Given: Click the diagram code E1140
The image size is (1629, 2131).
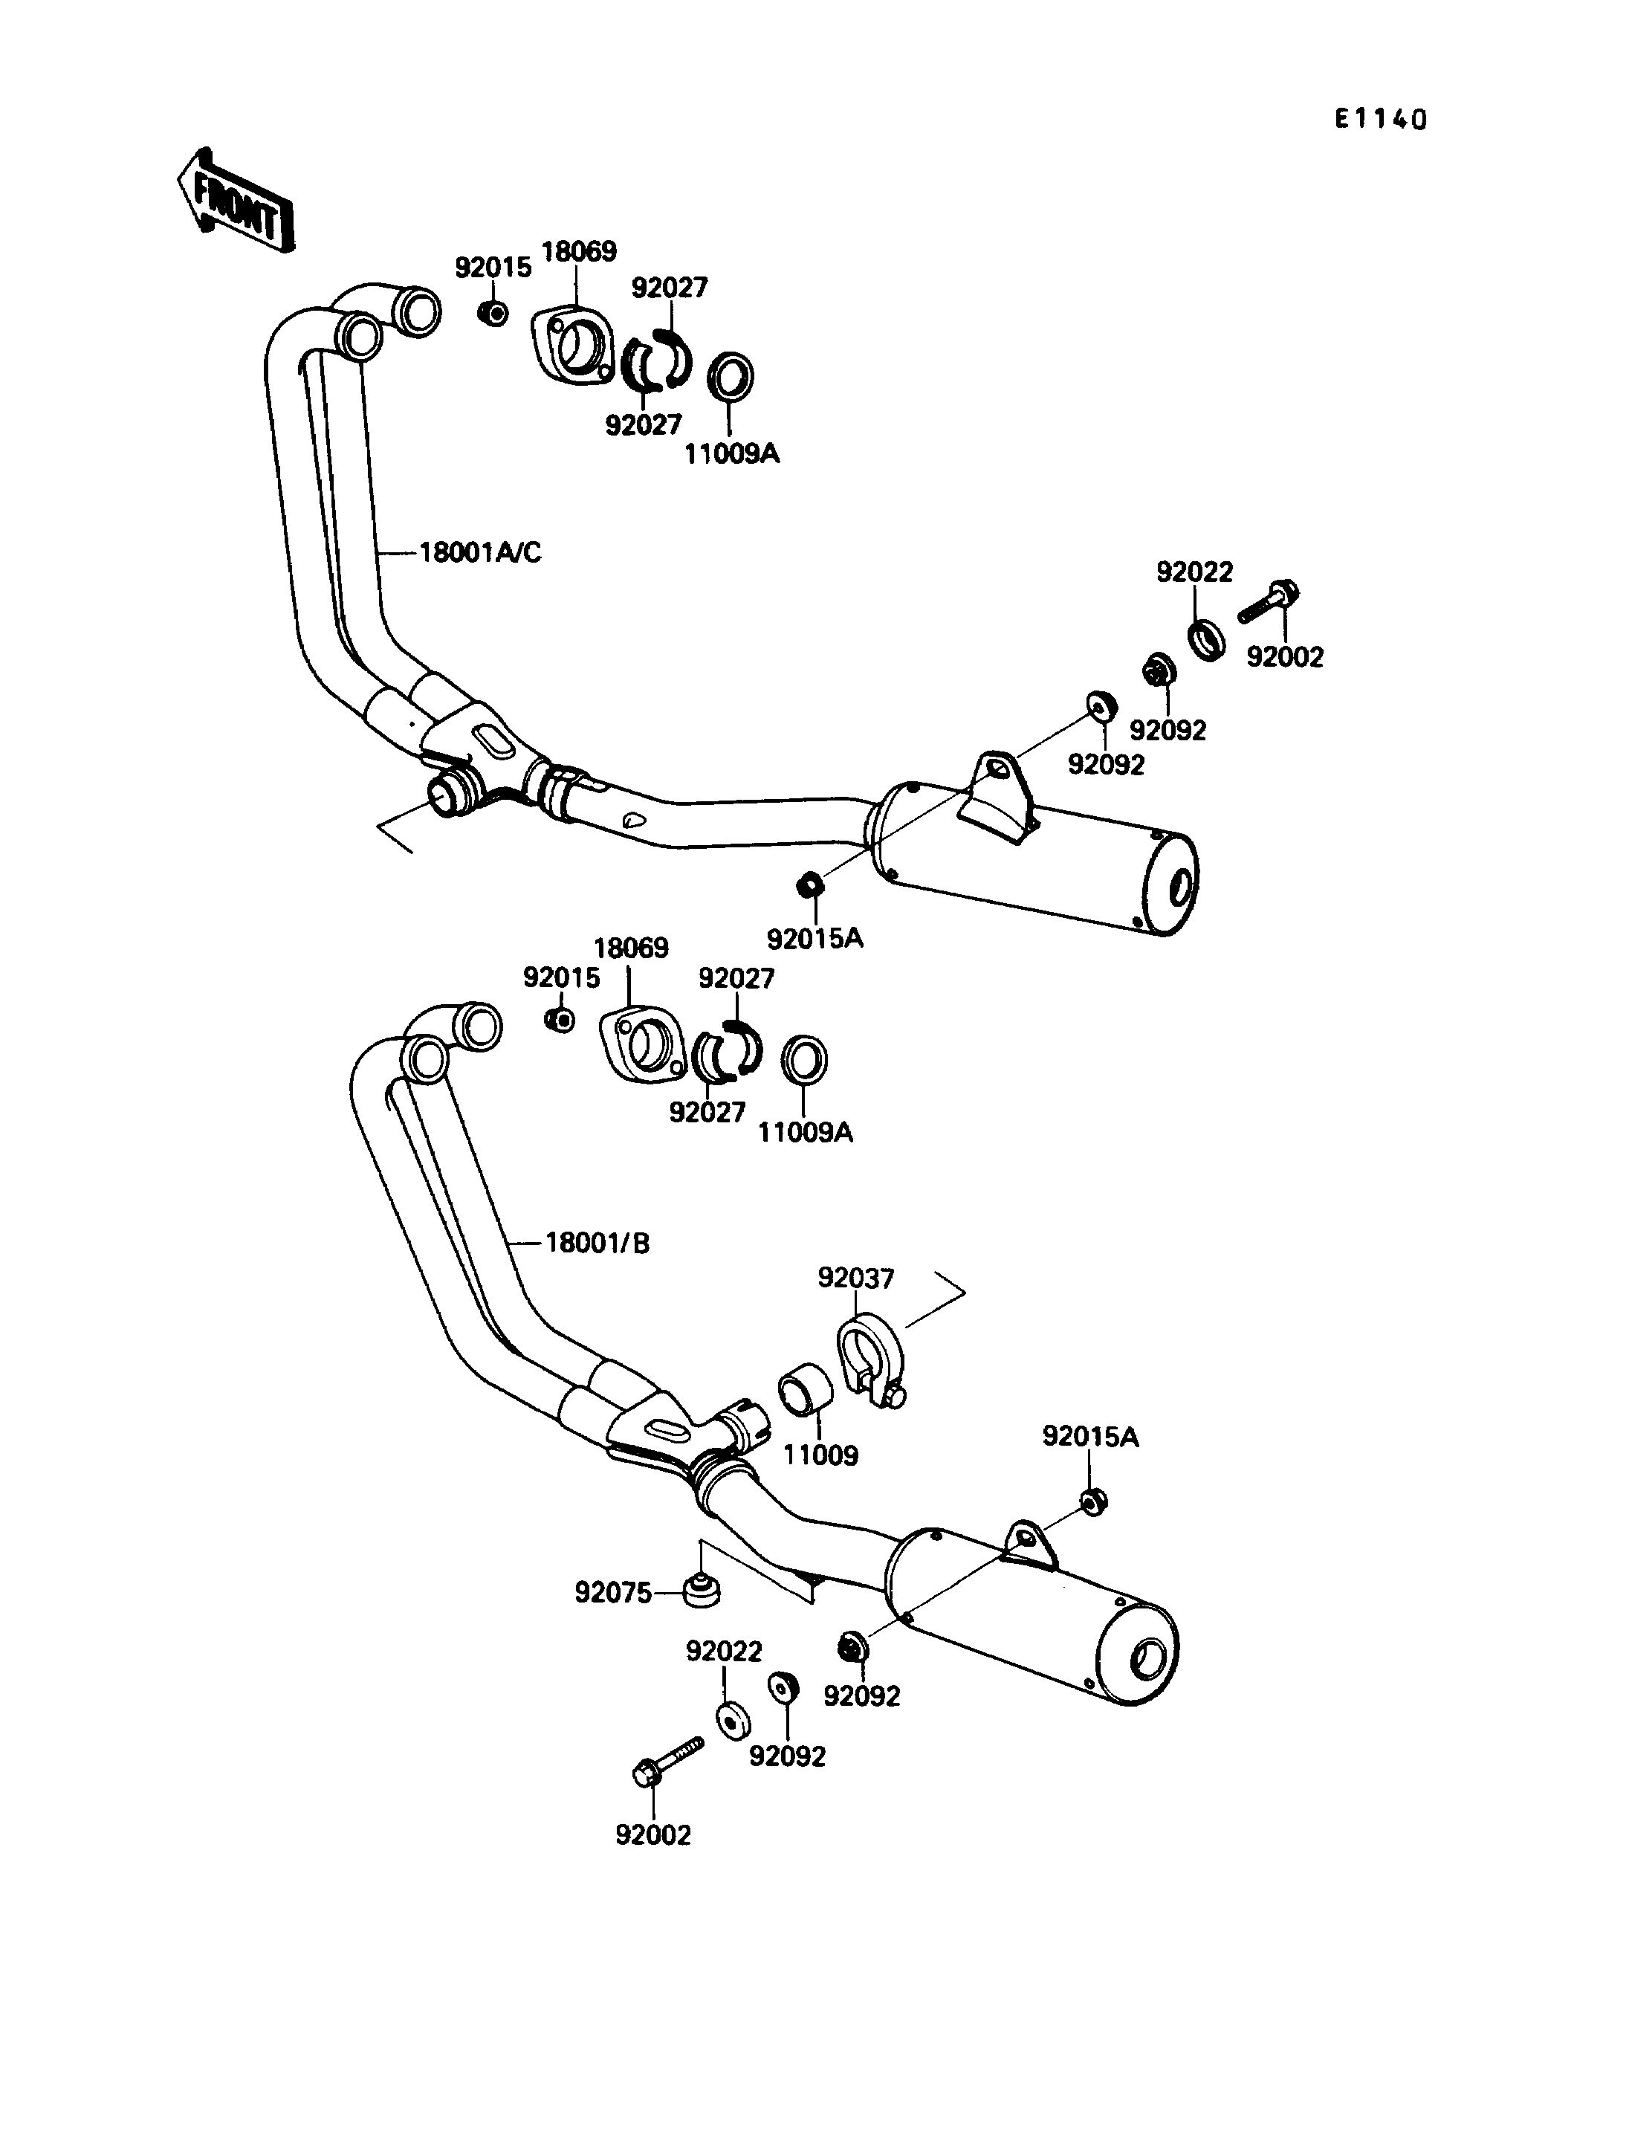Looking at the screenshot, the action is (1380, 120).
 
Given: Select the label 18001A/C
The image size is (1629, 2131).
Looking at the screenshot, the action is (480, 553).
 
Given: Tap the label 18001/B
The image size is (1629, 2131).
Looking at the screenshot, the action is (597, 1243).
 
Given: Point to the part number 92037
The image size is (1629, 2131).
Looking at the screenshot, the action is (855, 1278).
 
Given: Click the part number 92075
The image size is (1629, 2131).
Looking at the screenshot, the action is (613, 1593).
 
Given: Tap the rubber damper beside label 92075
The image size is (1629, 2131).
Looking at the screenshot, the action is (699, 1590).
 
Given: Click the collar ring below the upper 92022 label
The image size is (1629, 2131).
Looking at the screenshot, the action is (1206, 639).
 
